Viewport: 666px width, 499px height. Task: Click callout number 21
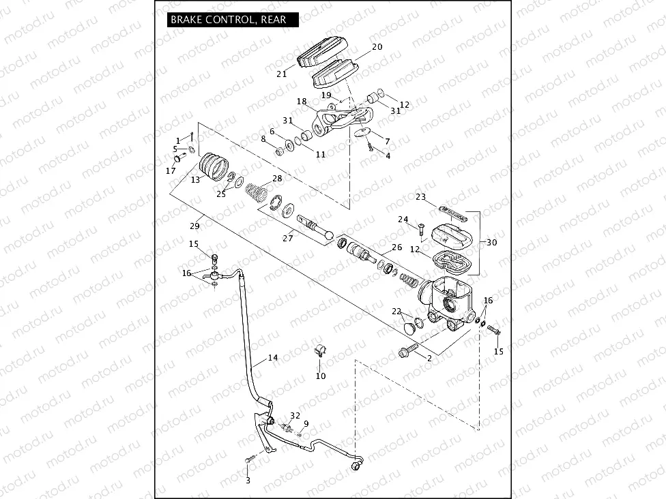pyautogui.click(x=281, y=74)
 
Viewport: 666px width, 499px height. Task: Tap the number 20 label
pyautogui.click(x=377, y=47)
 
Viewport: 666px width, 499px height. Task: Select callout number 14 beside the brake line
pyautogui.click(x=273, y=357)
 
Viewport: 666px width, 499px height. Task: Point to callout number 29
pyautogui.click(x=194, y=226)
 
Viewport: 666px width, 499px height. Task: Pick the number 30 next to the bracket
pyautogui.click(x=492, y=242)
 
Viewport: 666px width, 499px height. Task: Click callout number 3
pyautogui.click(x=248, y=481)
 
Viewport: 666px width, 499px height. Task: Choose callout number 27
pyautogui.click(x=288, y=238)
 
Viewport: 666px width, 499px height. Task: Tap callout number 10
pyautogui.click(x=321, y=376)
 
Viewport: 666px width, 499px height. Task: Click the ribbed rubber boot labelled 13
pyautogui.click(x=214, y=168)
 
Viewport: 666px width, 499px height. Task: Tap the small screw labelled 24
pyautogui.click(x=420, y=229)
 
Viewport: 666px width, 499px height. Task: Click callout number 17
pyautogui.click(x=171, y=170)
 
